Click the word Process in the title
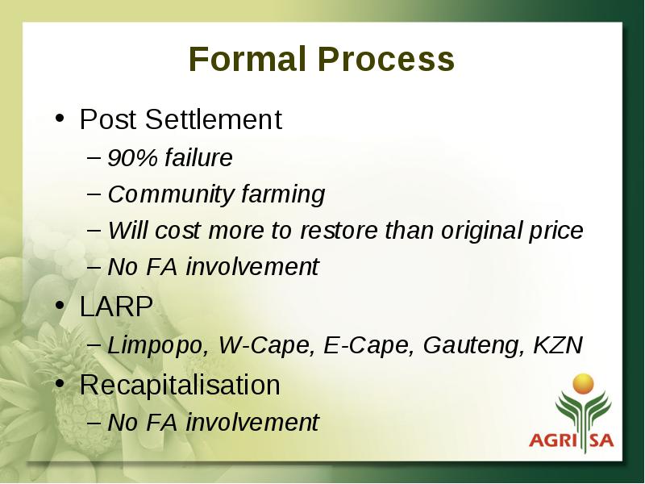386,58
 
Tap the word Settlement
214,119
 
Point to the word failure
198,157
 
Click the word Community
171,194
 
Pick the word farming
284,194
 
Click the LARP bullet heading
116,307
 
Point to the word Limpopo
158,346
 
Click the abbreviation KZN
558,345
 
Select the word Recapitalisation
180,386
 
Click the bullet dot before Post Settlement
60,118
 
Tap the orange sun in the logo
583,384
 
